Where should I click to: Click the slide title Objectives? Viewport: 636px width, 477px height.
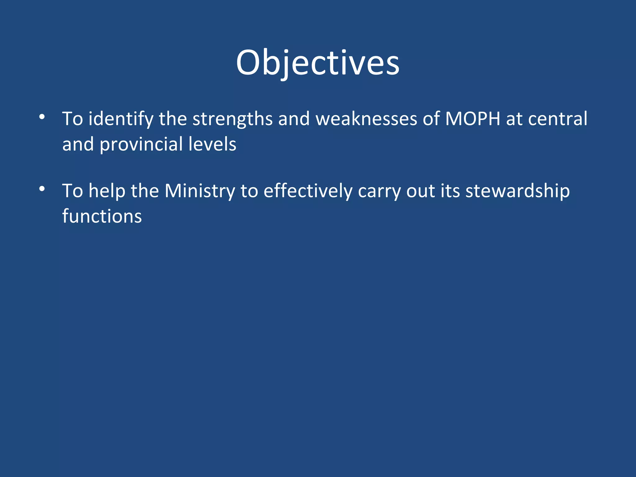tap(318, 63)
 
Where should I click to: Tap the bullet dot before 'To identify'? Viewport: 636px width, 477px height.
tap(42, 117)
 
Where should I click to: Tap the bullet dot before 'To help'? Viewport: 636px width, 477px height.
tap(42, 189)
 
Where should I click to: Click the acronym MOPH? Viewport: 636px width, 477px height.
tap(472, 119)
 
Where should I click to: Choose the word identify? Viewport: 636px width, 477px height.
tap(121, 119)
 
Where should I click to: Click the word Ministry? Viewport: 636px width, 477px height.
tap(200, 191)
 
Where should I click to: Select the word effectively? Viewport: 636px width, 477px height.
tap(308, 191)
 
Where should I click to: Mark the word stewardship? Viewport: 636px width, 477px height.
tap(517, 191)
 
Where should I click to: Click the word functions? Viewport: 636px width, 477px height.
tap(102, 216)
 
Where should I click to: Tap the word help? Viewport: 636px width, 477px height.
tap(107, 191)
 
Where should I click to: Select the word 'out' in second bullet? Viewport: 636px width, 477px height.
tap(420, 191)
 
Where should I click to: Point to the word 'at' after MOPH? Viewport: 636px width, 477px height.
tap(514, 119)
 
